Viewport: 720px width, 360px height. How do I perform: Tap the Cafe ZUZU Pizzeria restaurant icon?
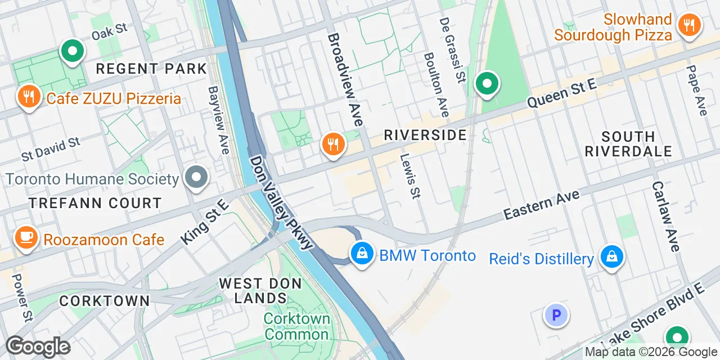[x=28, y=97]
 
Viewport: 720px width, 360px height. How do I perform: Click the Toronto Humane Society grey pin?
[x=197, y=178]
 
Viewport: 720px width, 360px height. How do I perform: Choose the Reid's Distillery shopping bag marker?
[x=611, y=258]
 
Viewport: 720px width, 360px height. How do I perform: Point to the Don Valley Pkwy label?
[x=281, y=202]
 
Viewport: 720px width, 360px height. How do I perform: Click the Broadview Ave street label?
[x=345, y=79]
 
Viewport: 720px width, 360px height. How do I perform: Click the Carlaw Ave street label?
[x=666, y=216]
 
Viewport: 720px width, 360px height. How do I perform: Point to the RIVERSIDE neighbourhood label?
[x=425, y=135]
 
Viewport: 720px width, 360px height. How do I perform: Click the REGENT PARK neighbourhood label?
[x=151, y=69]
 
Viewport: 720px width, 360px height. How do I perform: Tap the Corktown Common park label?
[x=296, y=326]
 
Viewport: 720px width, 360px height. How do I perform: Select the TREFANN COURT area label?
[x=95, y=203]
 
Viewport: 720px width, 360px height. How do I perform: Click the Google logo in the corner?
[x=38, y=346]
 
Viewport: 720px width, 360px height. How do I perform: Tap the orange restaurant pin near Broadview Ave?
[x=334, y=145]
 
